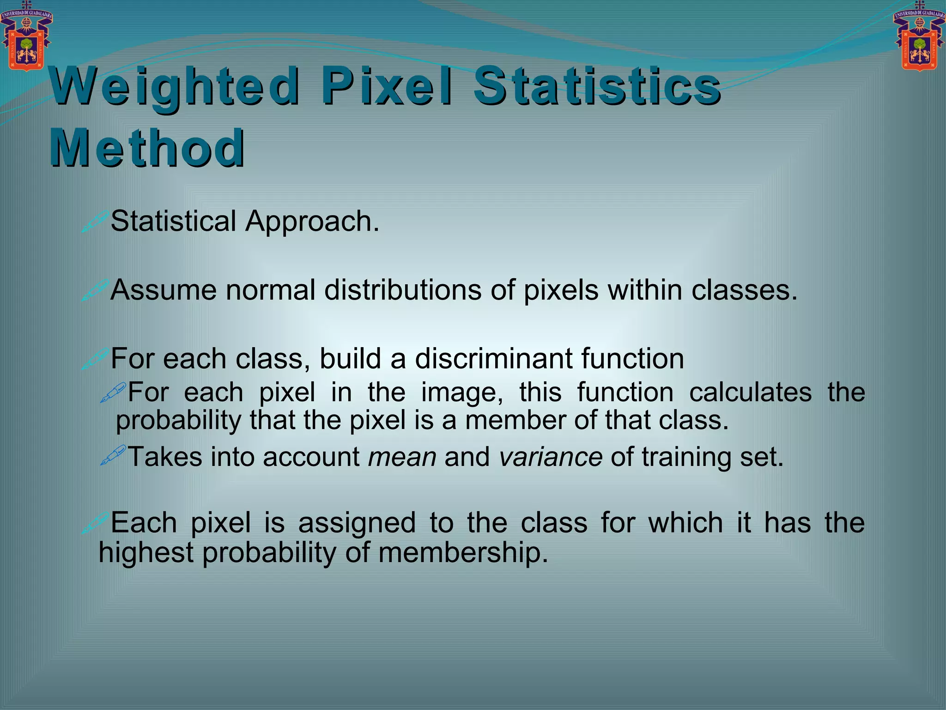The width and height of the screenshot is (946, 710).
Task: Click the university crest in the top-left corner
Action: point(26,36)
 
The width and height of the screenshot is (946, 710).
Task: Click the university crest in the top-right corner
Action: point(920,36)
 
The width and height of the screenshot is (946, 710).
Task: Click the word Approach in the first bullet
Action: point(312,221)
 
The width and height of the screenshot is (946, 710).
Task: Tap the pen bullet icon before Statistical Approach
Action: point(95,221)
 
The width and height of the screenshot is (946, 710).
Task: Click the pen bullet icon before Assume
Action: point(95,290)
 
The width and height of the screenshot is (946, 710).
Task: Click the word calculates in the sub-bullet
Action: point(750,392)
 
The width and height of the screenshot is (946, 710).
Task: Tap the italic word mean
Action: point(402,457)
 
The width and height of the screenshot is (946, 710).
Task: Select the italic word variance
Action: point(550,457)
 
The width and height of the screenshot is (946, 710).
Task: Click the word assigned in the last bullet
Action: point(357,523)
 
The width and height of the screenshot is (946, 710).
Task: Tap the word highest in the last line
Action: point(146,553)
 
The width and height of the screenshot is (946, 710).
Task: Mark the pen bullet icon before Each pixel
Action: point(95,523)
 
